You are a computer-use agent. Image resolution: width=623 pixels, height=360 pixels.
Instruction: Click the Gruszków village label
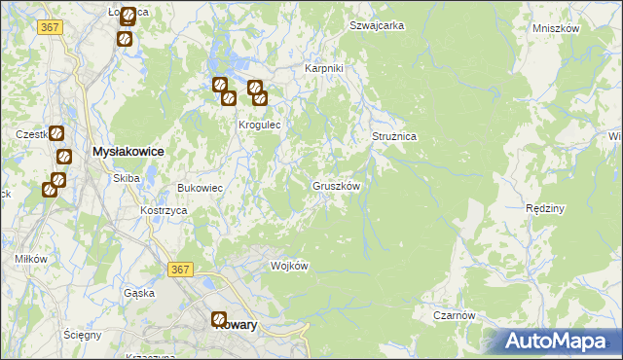pos(338,185)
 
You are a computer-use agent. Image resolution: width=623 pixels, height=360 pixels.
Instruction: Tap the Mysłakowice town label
pos(127,152)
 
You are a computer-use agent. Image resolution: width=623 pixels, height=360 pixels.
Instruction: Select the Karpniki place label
pos(324,68)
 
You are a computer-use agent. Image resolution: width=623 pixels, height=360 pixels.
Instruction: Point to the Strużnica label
pos(394,137)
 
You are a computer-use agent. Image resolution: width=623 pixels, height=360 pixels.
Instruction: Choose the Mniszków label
pos(556,28)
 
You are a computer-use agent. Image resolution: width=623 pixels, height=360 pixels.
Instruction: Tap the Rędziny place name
pos(545,208)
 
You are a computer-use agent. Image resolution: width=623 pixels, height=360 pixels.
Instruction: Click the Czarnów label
pos(455,315)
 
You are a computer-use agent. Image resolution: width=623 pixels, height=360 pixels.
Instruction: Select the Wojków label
pos(289,267)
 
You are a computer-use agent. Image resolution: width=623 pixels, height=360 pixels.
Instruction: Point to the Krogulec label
pos(260,126)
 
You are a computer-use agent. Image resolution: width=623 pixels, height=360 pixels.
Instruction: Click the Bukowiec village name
pos(200,188)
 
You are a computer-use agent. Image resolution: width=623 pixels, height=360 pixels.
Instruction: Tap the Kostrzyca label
pos(164,210)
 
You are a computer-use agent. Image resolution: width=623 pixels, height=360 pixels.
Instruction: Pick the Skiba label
pos(127,178)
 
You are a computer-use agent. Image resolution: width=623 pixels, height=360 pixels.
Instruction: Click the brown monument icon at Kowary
pos(220,318)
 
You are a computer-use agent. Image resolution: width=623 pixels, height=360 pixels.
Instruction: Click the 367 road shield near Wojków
pos(180,270)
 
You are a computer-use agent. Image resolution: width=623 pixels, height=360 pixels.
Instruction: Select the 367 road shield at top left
pos(52,27)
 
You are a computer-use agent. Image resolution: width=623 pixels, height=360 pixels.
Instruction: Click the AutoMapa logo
pos(559,341)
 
